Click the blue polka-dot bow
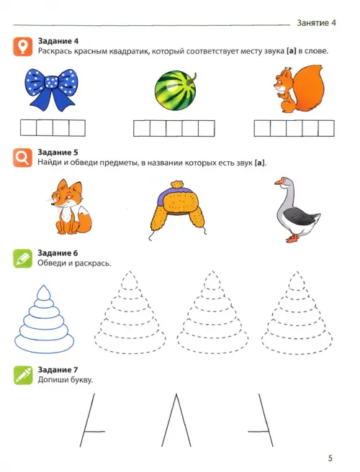50,89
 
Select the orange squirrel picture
297,88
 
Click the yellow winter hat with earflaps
179,209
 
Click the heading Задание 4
58,41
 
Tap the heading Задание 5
58,153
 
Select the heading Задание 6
58,253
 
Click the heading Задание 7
58,370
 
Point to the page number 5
330,458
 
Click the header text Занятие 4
316,23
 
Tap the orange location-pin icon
22,47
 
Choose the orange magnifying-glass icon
22,158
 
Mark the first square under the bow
29,128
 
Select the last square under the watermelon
207,128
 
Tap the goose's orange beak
279,182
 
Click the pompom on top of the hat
177,184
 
